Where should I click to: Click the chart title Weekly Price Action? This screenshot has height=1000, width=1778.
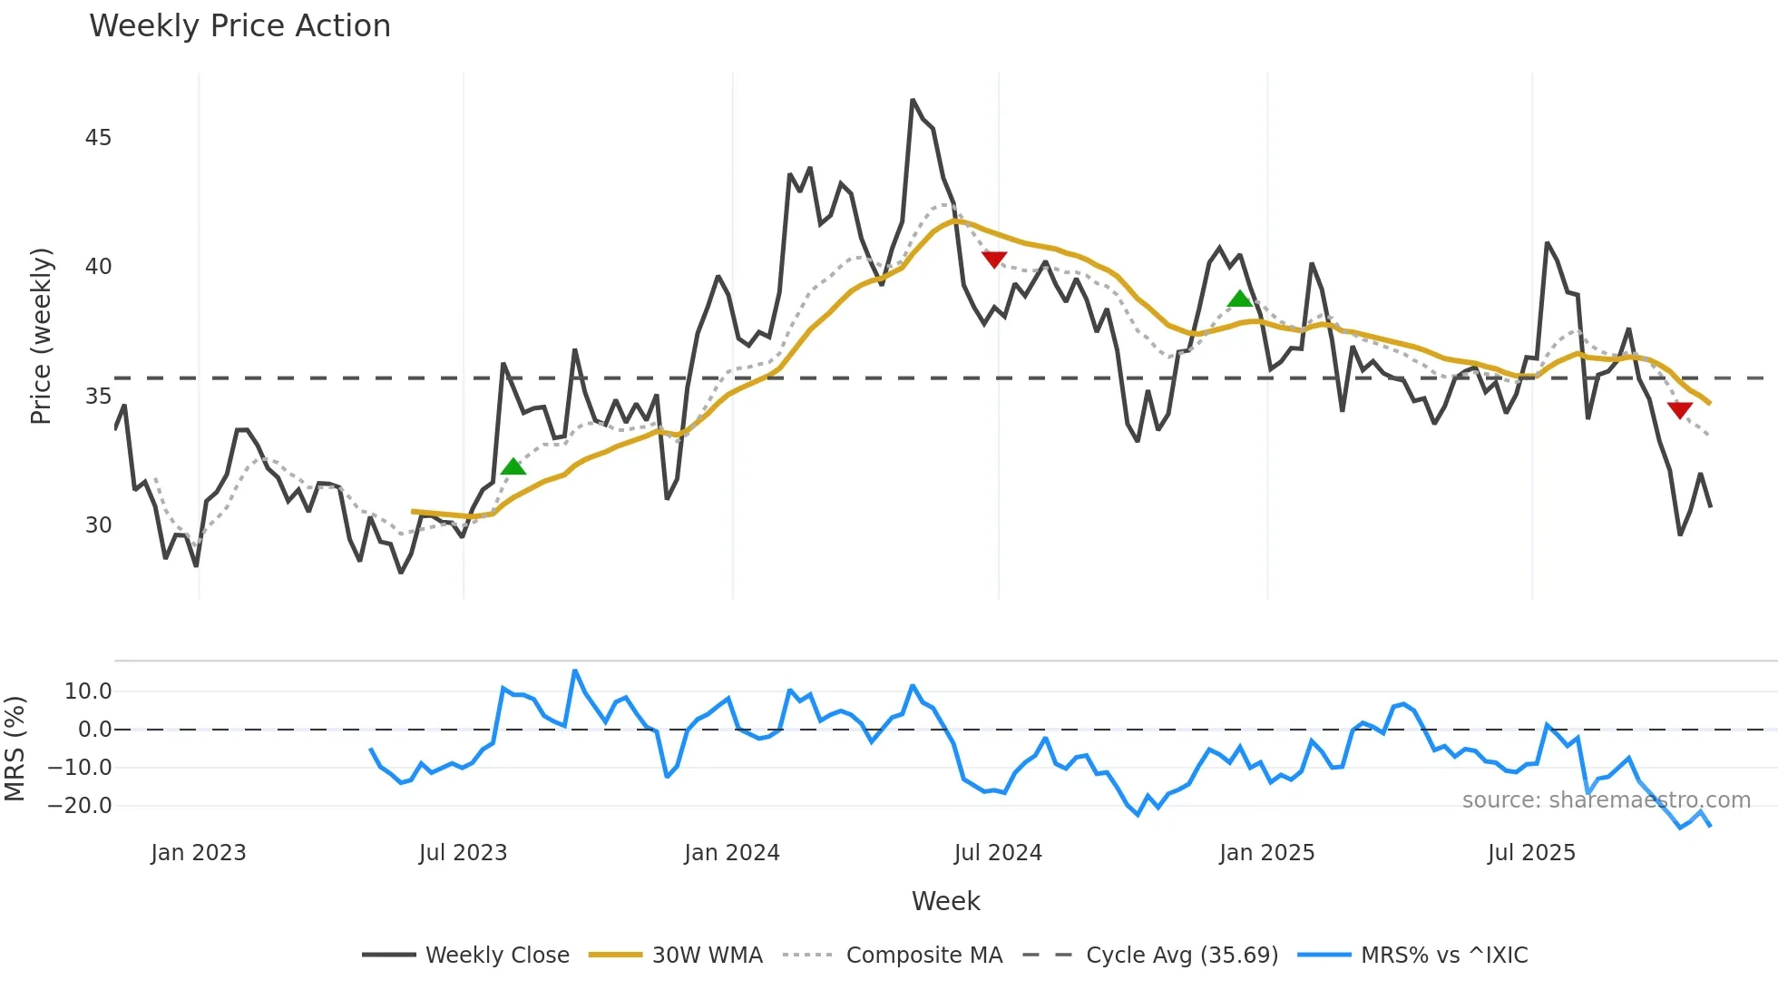click(x=239, y=26)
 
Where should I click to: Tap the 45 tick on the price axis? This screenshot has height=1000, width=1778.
click(x=98, y=138)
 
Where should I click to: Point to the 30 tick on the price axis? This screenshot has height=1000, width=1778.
click(x=98, y=525)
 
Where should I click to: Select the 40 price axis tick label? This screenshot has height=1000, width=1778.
click(x=98, y=267)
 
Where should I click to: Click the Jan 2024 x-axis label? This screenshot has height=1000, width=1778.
click(x=731, y=853)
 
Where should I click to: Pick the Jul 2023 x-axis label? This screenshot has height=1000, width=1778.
click(x=463, y=853)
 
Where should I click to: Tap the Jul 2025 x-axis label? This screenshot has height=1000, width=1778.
click(x=1531, y=853)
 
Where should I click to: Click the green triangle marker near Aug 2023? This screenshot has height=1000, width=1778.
click(x=513, y=467)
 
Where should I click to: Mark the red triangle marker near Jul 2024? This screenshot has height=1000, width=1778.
click(x=994, y=260)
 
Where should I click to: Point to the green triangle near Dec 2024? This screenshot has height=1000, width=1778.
click(x=1240, y=299)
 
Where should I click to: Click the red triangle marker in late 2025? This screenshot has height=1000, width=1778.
click(x=1680, y=410)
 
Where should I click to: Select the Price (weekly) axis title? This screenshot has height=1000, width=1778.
click(x=42, y=336)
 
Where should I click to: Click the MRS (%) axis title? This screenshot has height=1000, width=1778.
click(x=15, y=749)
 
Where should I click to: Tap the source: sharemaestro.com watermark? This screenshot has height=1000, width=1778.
click(x=1606, y=800)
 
